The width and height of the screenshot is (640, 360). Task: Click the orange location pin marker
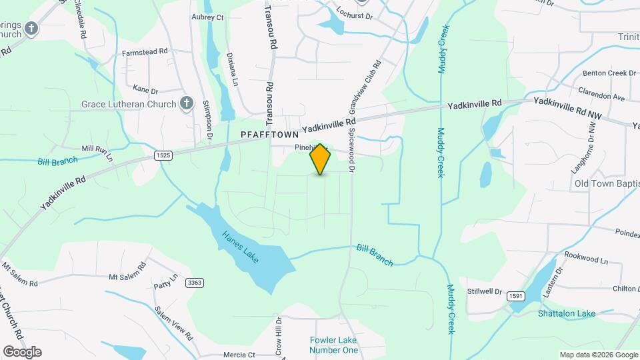[320, 159]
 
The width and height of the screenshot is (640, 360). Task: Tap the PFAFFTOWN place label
[269, 135]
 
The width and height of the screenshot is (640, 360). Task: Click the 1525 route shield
[162, 155]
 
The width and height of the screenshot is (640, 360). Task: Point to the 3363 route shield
[195, 283]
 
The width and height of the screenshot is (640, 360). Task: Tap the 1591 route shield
[515, 296]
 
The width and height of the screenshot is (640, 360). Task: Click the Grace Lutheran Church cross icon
[187, 104]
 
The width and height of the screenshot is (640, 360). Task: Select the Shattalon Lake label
[567, 313]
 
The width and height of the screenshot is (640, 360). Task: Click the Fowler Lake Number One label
[334, 345]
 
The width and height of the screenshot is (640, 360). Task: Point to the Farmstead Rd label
[144, 51]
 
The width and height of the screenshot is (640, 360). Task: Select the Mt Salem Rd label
[127, 275]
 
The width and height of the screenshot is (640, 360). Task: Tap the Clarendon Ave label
[602, 97]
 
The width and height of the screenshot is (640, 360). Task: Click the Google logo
[22, 351]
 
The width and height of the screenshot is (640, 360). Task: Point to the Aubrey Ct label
[207, 17]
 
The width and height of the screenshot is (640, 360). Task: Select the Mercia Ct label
[239, 354]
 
